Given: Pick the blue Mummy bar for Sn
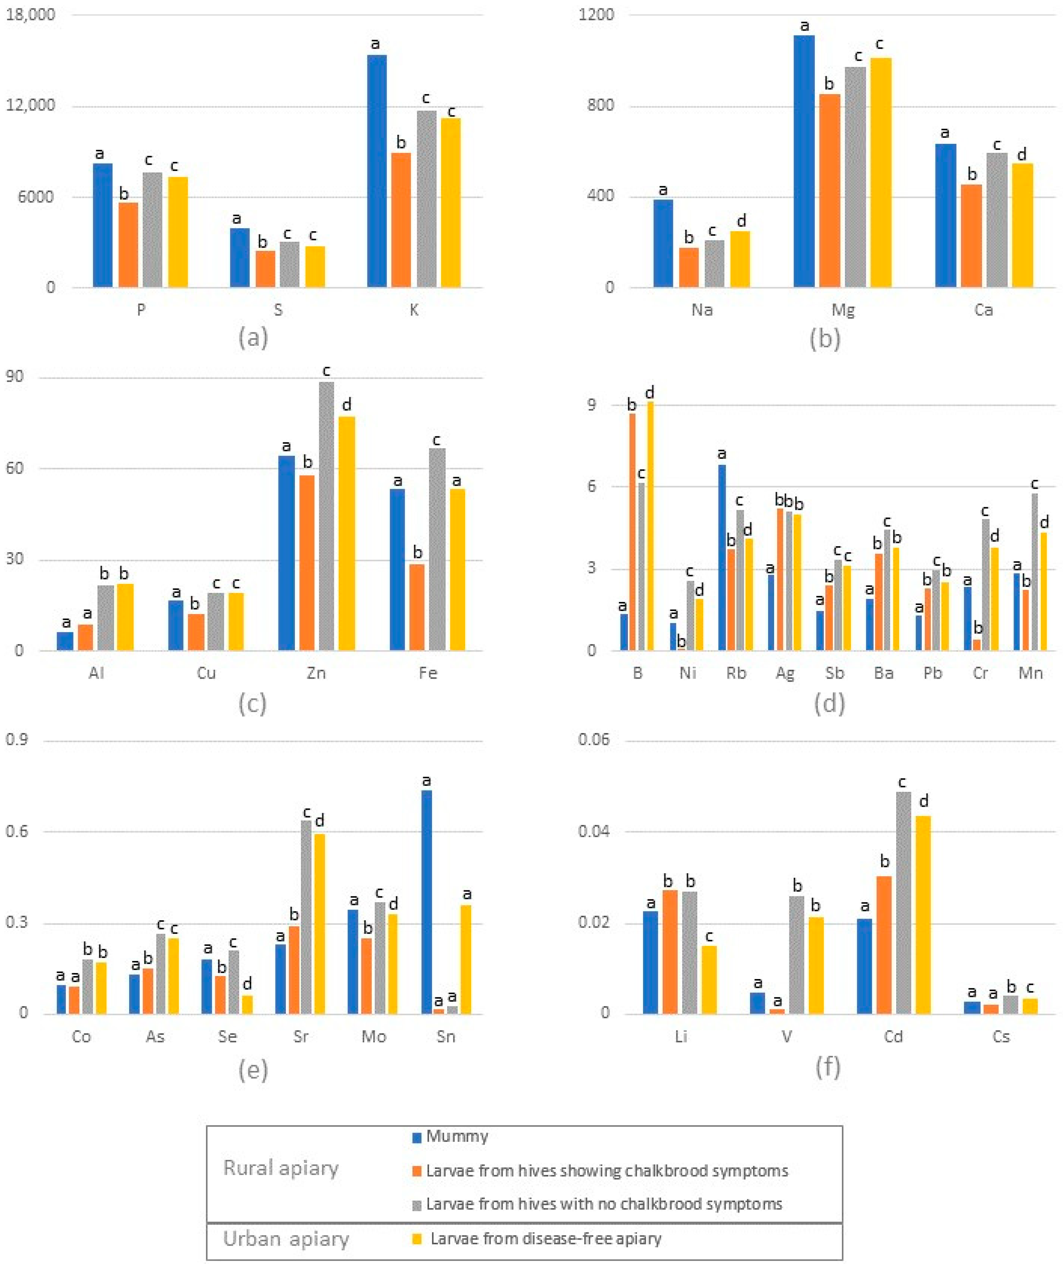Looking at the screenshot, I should pyautogui.click(x=426, y=902).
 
